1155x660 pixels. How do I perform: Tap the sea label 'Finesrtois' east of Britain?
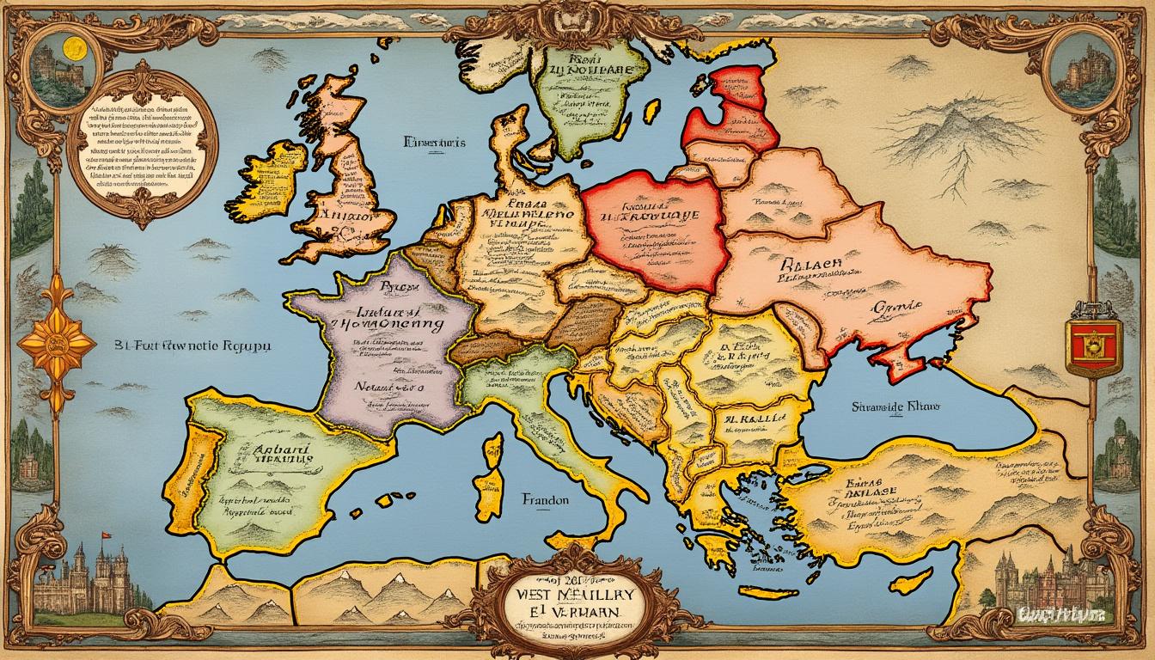433,143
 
